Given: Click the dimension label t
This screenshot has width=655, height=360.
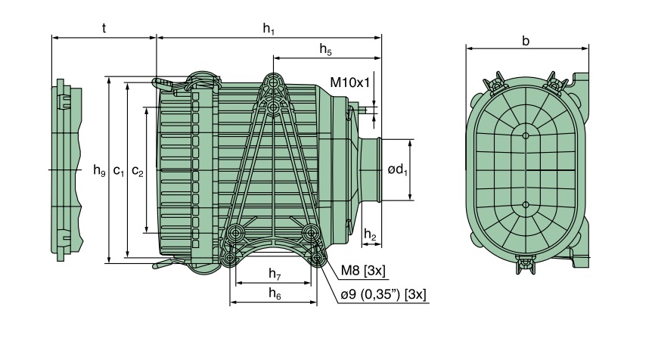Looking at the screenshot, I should (103, 28).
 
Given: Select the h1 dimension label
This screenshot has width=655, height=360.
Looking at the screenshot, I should (269, 28).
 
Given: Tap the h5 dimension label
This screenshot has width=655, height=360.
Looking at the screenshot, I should (325, 50).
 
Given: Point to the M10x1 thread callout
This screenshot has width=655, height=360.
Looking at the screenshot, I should (349, 82).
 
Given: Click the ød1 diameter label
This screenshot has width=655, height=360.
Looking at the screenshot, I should (398, 170).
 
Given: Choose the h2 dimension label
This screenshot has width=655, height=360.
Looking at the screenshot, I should (370, 235).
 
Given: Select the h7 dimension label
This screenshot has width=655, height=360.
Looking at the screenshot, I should (274, 272).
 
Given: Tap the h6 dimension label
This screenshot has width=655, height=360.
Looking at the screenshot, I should (274, 294).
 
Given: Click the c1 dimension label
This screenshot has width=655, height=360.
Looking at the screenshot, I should (119, 171).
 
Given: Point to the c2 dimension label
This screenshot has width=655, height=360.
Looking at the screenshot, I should (137, 171).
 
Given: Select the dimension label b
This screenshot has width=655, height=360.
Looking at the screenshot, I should (526, 41).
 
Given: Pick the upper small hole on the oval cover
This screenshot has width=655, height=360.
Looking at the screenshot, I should (526, 135).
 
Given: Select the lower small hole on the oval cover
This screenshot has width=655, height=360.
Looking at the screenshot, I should (526, 203).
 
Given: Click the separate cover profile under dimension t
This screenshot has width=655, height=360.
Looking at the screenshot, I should (66, 171).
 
